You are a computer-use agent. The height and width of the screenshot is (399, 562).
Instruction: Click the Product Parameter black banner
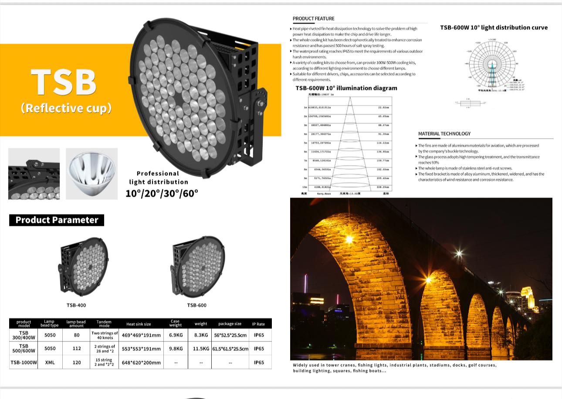point(57,220)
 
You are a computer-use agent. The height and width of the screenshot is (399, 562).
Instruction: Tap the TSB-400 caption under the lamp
point(76,305)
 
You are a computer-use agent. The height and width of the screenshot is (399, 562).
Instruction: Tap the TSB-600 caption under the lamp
point(197,305)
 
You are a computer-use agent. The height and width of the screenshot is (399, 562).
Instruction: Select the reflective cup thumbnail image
point(91,174)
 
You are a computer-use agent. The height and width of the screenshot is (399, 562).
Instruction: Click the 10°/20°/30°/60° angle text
point(162,193)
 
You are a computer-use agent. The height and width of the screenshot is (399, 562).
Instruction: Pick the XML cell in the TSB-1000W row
point(50,362)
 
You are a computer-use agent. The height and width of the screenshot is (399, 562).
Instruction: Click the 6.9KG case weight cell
point(176,335)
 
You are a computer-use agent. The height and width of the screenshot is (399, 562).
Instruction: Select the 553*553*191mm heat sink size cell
point(141,349)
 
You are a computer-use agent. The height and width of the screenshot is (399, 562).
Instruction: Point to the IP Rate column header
point(258,324)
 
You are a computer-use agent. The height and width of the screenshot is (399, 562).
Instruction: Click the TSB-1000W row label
point(24,362)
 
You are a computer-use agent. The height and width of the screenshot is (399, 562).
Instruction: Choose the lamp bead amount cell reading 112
point(77,349)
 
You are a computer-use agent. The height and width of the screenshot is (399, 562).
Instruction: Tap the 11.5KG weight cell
point(201,349)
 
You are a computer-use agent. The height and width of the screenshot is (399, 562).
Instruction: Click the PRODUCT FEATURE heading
point(313,18)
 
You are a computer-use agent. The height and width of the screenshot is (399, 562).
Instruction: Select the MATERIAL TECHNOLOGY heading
point(444,133)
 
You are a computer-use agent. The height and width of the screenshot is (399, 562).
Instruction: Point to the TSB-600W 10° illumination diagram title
point(346,88)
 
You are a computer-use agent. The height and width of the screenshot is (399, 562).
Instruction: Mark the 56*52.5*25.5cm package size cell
point(230,335)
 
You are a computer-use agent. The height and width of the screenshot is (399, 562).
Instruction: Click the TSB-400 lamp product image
point(84,266)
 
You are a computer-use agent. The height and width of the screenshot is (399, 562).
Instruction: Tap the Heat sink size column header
point(139,324)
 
